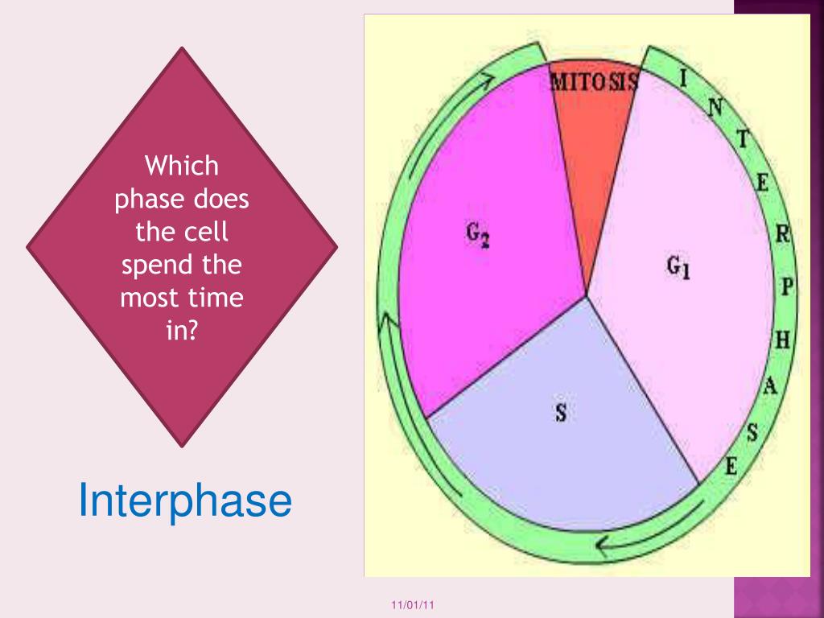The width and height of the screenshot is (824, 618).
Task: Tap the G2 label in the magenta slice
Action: pos(478,235)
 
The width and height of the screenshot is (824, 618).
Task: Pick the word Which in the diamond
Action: pos(182,167)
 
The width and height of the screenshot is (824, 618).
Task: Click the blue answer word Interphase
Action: pos(184,501)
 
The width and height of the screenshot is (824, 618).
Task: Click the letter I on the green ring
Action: pos(683,78)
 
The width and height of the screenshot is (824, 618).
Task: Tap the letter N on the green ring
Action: pos(715,105)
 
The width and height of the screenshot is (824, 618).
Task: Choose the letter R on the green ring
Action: pos(781,236)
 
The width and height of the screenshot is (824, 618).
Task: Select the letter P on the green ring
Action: pos(786,286)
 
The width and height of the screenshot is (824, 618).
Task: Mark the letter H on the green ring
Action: pos(782,340)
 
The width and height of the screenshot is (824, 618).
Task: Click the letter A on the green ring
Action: pos(769,387)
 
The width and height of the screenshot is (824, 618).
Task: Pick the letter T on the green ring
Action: pos(744,139)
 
